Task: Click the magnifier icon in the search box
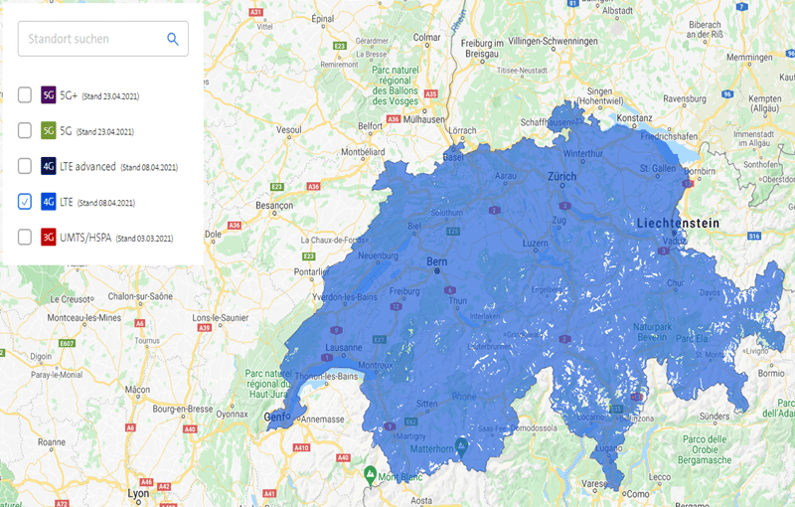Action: [x=173, y=39]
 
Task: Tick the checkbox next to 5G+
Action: [x=25, y=95]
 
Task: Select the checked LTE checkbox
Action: [x=25, y=202]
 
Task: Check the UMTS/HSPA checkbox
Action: [x=25, y=238]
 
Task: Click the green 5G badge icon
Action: [x=48, y=130]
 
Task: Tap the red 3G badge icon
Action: [x=48, y=238]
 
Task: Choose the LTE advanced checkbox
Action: [x=25, y=166]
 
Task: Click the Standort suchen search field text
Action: [x=69, y=39]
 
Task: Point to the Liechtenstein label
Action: [x=680, y=224]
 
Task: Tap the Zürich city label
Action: [x=561, y=177]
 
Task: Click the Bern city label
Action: [x=437, y=262]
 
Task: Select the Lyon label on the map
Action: [x=139, y=492]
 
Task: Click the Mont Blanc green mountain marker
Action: [x=370, y=473]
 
